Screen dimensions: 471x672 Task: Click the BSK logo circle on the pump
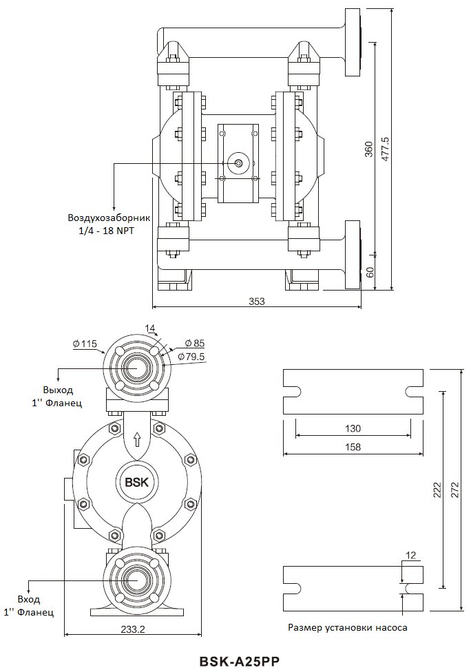136,482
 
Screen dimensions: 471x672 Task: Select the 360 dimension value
369,149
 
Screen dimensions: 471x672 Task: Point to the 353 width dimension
257,301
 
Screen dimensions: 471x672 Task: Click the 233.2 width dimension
132,629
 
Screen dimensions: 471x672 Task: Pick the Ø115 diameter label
85,344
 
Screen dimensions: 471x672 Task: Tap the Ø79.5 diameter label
191,356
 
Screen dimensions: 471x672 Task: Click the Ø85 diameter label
195,344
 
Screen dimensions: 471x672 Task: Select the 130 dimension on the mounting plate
353,428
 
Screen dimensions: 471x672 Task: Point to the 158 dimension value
353,447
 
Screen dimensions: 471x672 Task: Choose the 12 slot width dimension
410,556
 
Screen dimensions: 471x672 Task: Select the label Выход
58,390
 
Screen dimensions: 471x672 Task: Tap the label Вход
29,599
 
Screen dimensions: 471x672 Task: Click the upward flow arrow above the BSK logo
137,439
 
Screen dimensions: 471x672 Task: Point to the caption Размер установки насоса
348,628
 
